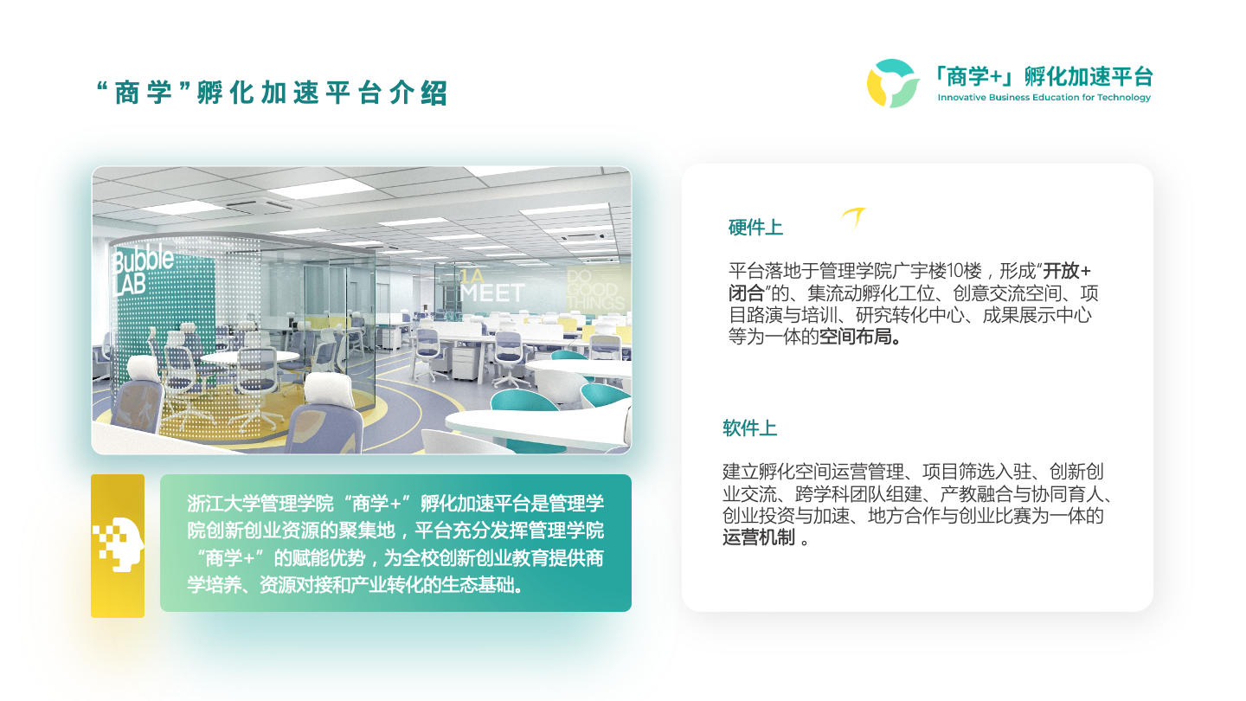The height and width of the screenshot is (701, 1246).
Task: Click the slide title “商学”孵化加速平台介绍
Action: [272, 93]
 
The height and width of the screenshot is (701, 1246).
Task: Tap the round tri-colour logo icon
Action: [893, 83]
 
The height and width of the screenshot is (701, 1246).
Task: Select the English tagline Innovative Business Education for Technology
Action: [1044, 97]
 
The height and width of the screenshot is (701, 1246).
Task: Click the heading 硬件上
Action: [755, 227]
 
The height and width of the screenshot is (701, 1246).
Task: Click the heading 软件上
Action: [749, 428]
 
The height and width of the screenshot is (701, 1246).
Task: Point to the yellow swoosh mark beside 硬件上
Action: [854, 217]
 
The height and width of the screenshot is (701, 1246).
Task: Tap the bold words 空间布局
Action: [856, 337]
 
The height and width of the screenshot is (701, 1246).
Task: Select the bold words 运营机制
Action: [759, 537]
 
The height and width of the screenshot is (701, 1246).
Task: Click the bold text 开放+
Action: [1067, 271]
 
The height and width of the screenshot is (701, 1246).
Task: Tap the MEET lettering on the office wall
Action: [492, 293]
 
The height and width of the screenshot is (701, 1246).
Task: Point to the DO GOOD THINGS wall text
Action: [595, 290]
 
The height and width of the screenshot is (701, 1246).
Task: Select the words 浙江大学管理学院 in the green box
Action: [260, 503]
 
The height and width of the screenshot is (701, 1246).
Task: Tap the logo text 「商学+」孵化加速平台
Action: [1044, 76]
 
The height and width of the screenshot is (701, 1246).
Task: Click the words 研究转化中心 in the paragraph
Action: [909, 315]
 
